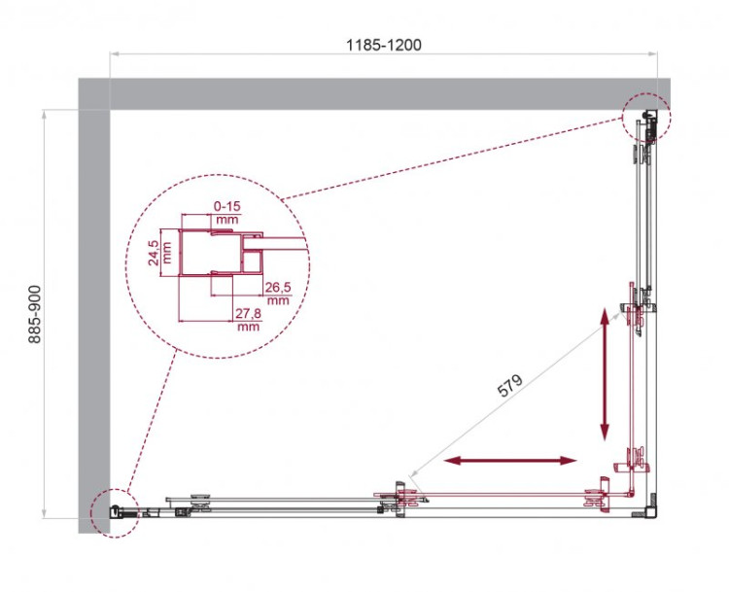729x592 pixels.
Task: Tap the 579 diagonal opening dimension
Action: pos(512,385)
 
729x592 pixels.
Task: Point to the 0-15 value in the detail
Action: pos(226,206)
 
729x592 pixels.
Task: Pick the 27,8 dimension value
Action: pos(247,313)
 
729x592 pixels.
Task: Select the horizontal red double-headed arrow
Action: pos(509,460)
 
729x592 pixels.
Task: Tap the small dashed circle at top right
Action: pos(646,116)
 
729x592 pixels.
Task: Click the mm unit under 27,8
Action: pos(247,327)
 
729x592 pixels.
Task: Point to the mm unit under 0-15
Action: pos(226,220)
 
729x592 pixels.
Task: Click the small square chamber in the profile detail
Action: pos(252,261)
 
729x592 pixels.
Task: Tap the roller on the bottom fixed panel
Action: pos(201,503)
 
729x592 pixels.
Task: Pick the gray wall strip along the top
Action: pos(369,94)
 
